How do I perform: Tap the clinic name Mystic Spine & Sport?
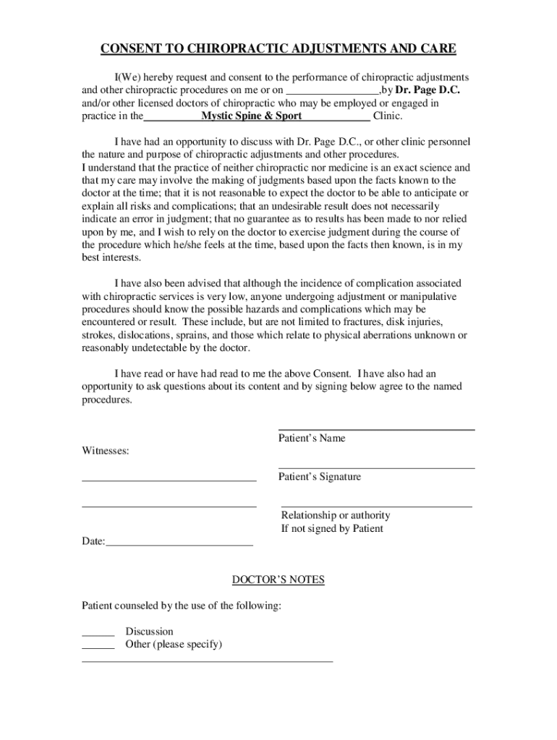252,116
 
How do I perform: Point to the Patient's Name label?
312,438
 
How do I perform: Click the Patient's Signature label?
320,477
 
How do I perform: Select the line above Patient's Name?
376,430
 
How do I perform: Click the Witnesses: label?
106,451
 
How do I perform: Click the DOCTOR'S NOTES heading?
278,580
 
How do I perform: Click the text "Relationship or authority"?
336,515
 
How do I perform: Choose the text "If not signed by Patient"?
332,528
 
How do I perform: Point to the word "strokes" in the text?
98,335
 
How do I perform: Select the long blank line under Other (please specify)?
207,661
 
